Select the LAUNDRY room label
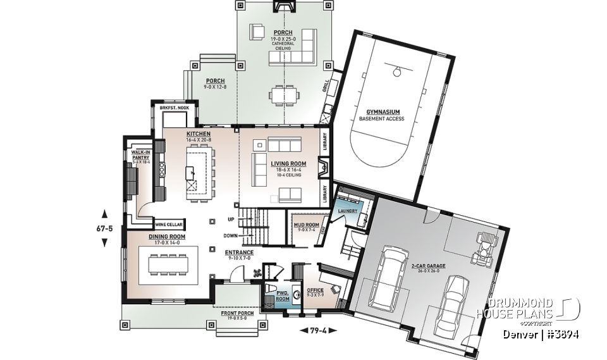(x=348, y=210)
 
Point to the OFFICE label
(x=315, y=290)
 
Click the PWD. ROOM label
(x=282, y=294)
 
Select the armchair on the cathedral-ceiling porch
(x=257, y=32)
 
